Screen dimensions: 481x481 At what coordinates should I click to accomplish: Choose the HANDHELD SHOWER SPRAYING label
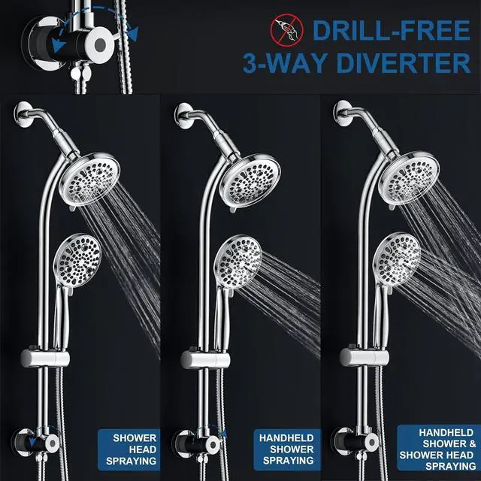[286, 449]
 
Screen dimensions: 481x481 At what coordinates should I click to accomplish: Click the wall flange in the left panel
[20, 115]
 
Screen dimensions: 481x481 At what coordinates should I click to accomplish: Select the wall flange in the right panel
[340, 113]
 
